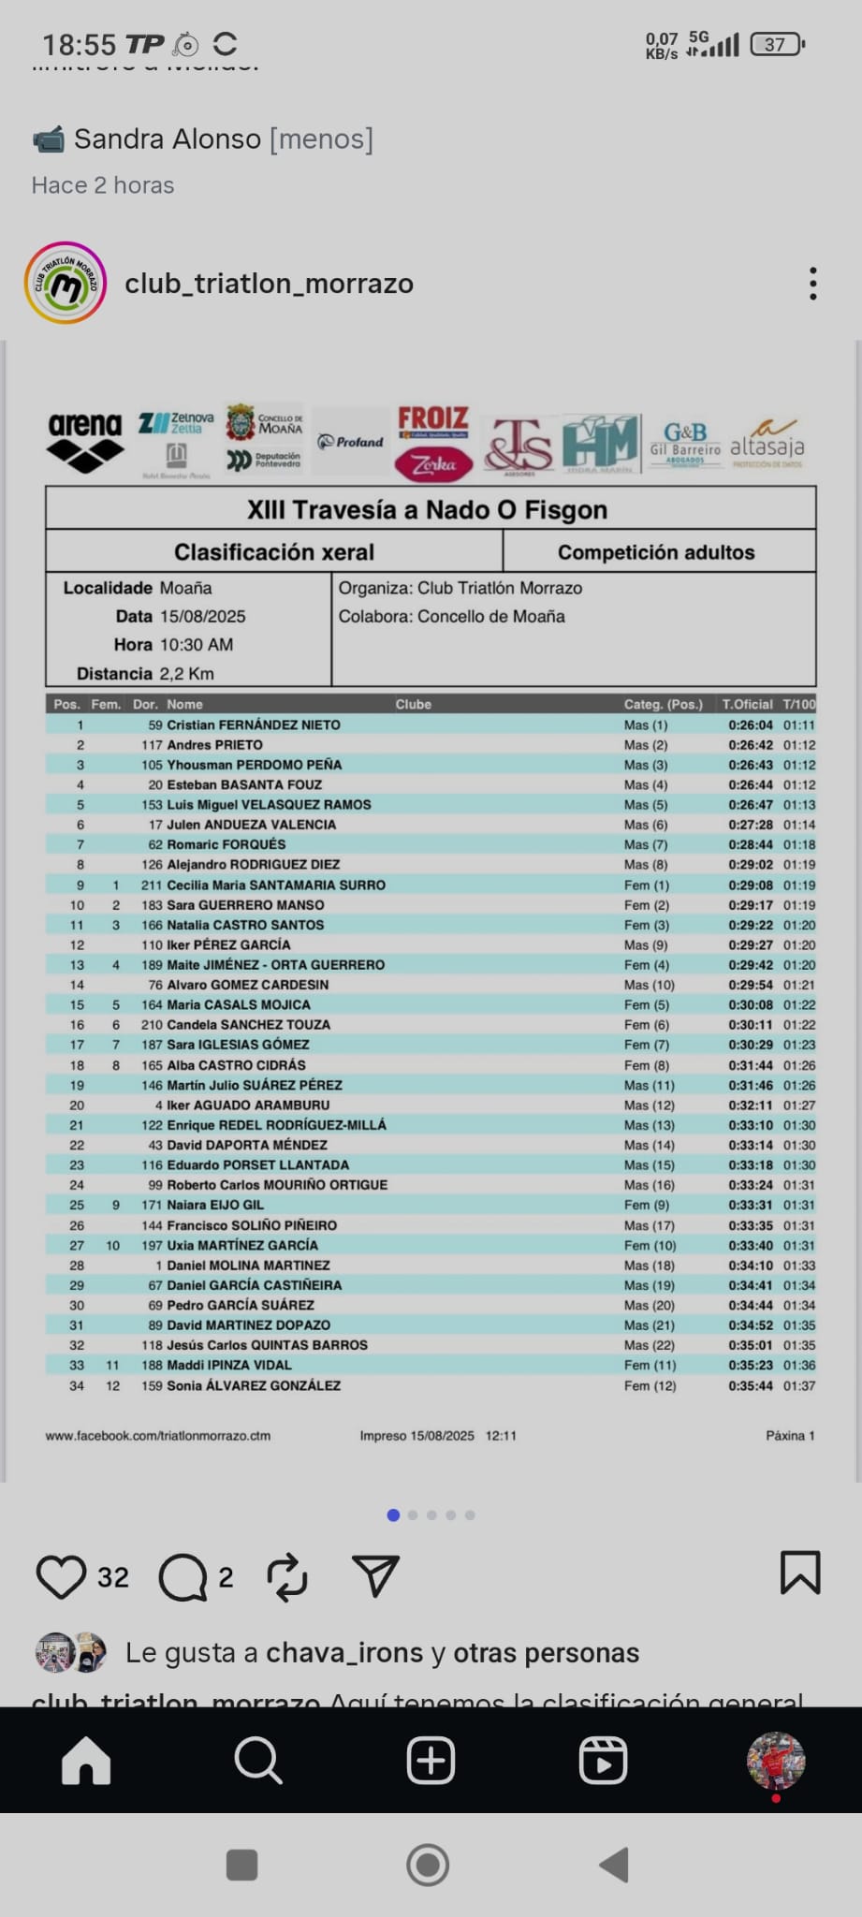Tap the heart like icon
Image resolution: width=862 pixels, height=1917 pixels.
tap(61, 1576)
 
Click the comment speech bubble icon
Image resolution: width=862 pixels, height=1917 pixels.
tap(183, 1577)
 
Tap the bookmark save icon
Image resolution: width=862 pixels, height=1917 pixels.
tap(800, 1573)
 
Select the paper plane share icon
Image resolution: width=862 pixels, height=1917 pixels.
tap(375, 1576)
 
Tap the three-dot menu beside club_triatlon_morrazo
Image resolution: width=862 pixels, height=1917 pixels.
tap(812, 284)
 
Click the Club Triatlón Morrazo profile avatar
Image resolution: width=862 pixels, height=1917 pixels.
tap(66, 283)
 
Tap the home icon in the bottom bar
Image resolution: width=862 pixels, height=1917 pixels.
tap(86, 1761)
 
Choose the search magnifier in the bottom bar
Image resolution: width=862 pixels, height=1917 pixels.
tap(257, 1761)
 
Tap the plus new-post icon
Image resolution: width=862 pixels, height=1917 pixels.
tap(431, 1761)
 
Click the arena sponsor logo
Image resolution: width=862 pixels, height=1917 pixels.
tap(85, 441)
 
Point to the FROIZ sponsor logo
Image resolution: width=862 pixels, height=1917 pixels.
tap(432, 418)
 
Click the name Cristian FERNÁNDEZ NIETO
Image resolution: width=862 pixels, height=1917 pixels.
tap(253, 724)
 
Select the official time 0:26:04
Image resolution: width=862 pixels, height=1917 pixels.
tap(751, 724)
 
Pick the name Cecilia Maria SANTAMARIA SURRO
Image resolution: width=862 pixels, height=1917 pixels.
tap(275, 885)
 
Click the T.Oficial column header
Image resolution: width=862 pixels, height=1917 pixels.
tap(747, 704)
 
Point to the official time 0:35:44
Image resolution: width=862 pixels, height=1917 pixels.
tap(751, 1385)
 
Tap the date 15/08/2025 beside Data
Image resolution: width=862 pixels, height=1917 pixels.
tap(202, 616)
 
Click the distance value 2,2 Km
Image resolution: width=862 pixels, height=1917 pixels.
tap(186, 673)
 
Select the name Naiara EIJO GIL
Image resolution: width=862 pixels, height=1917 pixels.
tap(214, 1205)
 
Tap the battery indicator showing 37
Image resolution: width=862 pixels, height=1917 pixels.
tap(777, 44)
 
